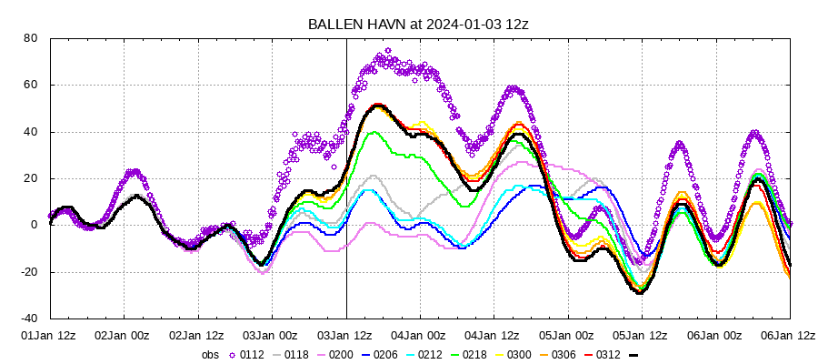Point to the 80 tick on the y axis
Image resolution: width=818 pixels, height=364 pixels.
pos(30,38)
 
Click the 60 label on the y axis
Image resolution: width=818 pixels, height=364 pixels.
pos(30,85)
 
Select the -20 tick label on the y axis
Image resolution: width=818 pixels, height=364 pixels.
pos(27,272)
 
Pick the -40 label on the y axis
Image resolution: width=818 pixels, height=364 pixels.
pos(27,318)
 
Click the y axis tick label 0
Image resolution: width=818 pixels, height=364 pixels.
pos(34,225)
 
